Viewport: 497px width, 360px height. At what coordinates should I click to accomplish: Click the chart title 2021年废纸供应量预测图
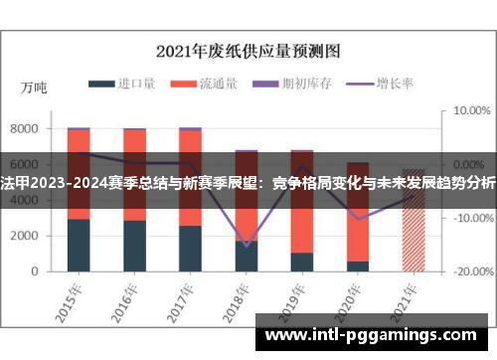[x=248, y=49]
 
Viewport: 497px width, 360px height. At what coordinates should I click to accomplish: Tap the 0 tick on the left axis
[x=34, y=271]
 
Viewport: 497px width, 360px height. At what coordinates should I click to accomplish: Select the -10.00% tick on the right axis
[x=470, y=218]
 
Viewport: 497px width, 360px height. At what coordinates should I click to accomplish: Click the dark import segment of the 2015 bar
[x=79, y=245]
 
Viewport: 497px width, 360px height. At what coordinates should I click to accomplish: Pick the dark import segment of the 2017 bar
[x=190, y=248]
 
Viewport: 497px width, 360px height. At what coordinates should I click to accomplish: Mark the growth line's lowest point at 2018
[x=247, y=245]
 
